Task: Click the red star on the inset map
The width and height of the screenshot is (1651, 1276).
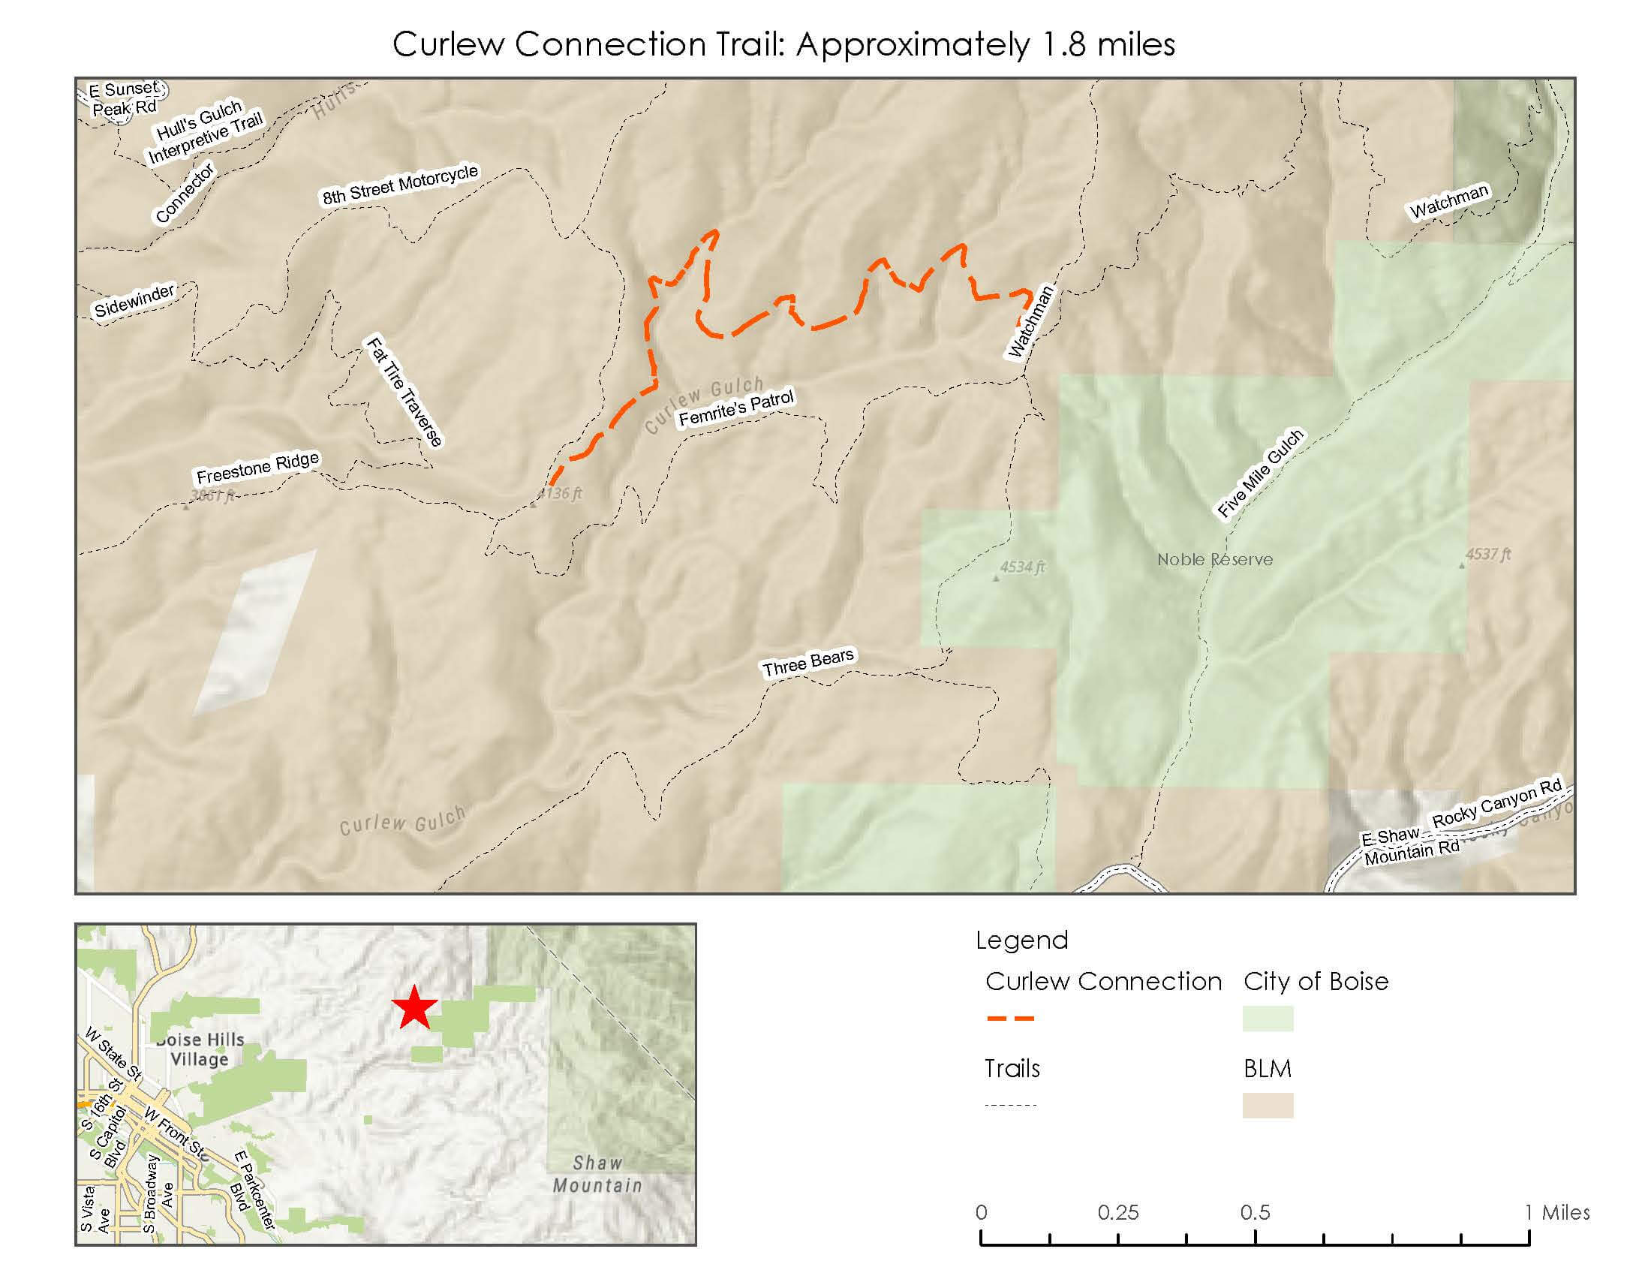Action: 414,1007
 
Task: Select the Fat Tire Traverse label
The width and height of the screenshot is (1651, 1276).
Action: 404,392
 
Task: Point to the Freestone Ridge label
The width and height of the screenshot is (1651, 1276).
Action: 257,468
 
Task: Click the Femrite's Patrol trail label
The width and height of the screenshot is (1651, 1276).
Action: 735,408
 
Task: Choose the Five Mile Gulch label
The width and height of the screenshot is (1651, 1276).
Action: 1260,473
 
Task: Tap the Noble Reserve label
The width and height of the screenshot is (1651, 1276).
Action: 1214,559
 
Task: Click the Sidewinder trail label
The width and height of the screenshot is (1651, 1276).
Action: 134,300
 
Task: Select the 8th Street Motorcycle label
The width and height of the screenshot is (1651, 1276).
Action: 400,185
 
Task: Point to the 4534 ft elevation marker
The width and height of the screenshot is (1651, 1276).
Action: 996,578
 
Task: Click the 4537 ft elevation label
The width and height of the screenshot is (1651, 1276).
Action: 1487,554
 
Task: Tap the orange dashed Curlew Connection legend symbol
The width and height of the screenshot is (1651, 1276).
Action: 1010,1019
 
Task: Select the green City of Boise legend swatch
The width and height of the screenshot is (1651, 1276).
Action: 1267,1019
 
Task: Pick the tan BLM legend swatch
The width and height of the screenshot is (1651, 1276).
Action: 1267,1105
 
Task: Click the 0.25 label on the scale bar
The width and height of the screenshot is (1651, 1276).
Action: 1117,1212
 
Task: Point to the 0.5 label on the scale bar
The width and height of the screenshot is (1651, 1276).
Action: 1255,1212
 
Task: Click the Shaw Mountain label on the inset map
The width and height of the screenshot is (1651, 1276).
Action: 597,1174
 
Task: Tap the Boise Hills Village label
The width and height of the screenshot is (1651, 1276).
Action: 200,1049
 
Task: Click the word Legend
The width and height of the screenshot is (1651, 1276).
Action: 1021,940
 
